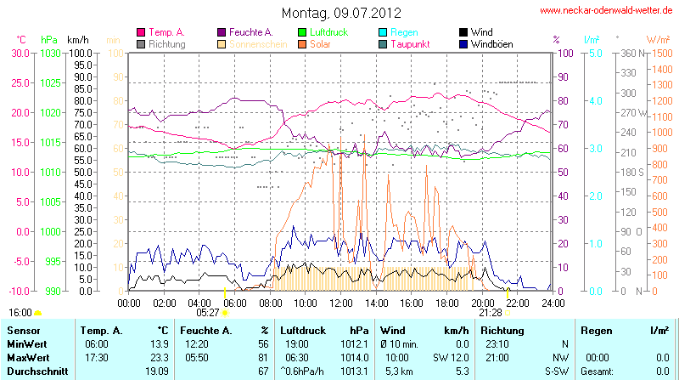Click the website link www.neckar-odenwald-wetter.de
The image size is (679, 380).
[605, 11]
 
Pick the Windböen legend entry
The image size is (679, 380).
[491, 43]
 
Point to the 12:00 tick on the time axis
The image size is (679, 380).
[341, 302]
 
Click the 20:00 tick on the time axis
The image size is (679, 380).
[482, 302]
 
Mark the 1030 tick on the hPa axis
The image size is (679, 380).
[51, 53]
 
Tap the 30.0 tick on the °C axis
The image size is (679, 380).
[20, 53]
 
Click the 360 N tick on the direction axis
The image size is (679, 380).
[629, 53]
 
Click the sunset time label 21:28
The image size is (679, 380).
[491, 312]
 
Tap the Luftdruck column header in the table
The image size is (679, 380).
[301, 330]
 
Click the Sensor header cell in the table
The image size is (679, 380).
[24, 330]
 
